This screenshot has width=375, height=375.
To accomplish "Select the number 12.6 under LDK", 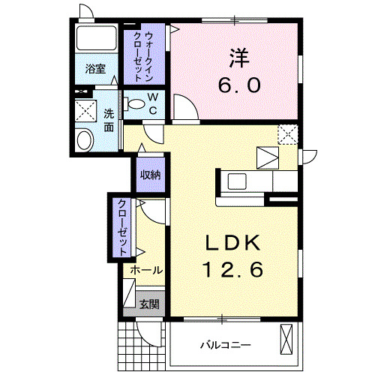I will pos(232,268).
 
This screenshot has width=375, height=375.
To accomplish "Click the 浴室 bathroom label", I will pos(94,69).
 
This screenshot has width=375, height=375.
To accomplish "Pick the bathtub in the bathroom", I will pos(95,39).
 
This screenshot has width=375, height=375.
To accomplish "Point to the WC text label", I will pos(151,103).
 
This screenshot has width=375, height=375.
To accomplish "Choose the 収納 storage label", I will pos(150,175).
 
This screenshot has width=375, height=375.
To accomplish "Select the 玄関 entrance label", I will pos(150,303).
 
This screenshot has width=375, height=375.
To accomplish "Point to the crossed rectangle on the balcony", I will pos(287,338).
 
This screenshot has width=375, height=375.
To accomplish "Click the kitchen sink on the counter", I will pos(238,181).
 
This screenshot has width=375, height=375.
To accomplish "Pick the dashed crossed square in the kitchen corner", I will pos(287,133).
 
